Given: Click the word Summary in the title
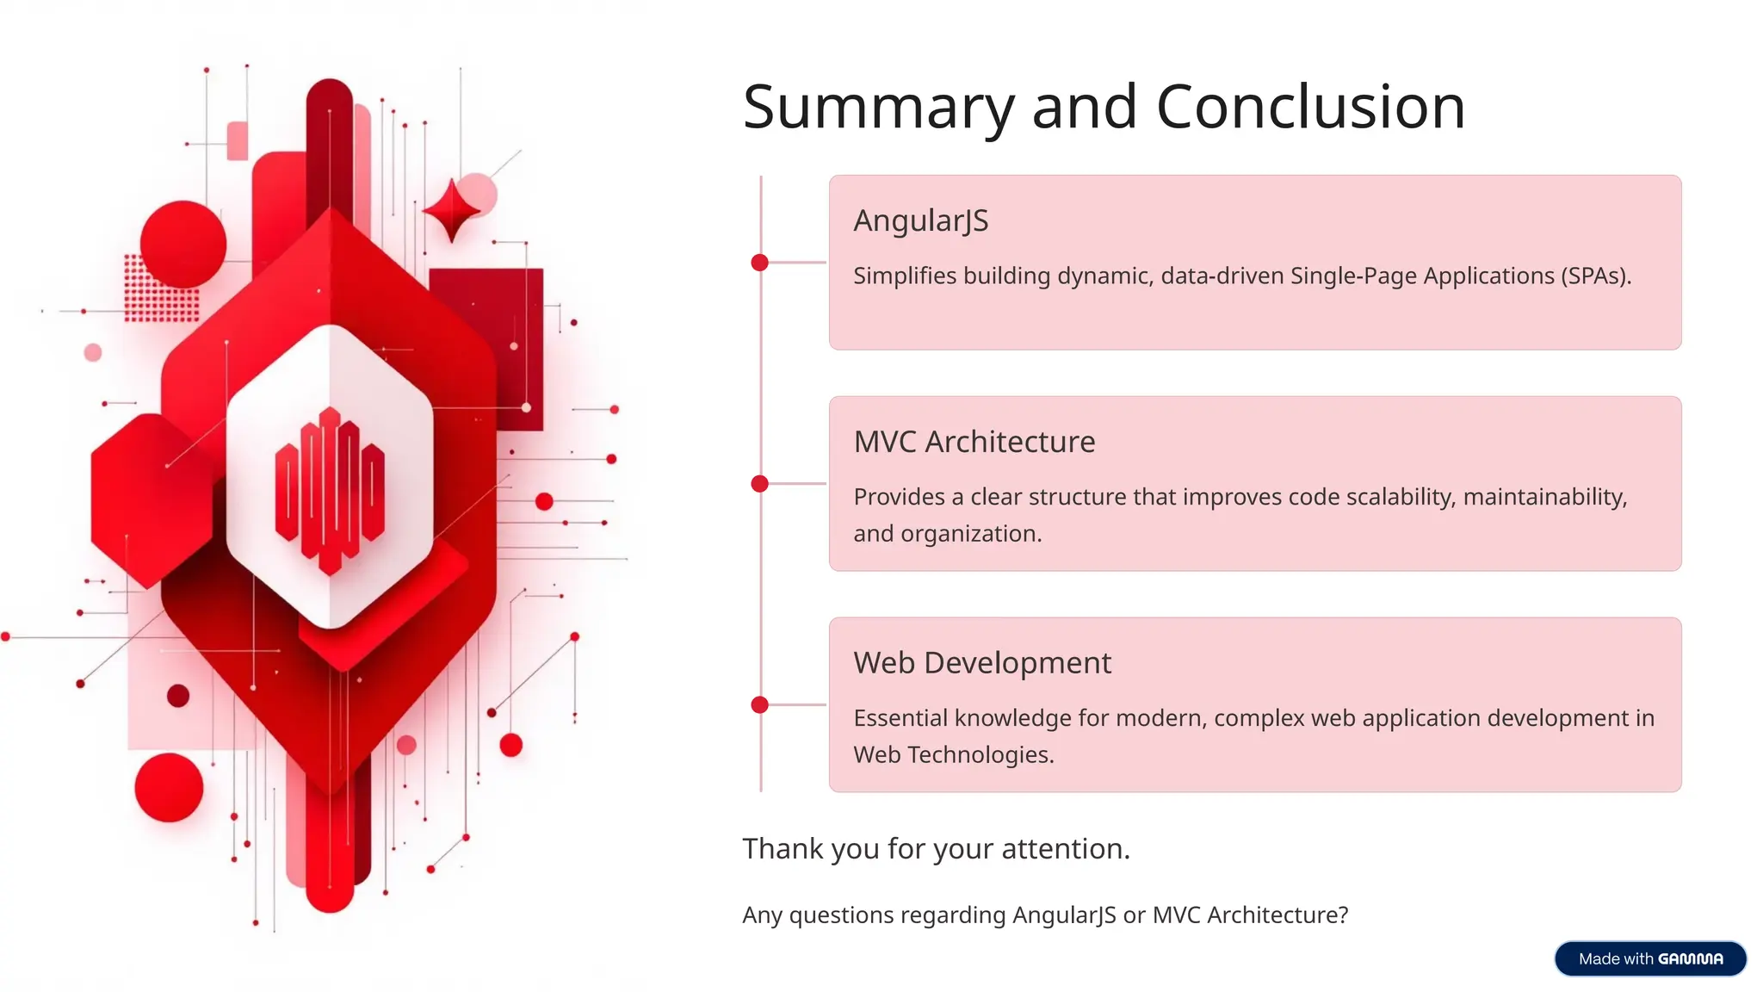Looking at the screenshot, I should (878, 108).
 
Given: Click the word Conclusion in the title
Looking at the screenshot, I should (1309, 108).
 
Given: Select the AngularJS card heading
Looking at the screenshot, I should (920, 220).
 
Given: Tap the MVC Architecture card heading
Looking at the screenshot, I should (974, 442).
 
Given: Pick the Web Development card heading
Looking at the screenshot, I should (981, 663).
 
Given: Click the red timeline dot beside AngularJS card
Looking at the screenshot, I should (759, 263).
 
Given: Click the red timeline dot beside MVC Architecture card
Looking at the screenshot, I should (759, 484).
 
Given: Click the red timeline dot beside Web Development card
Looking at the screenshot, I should (759, 705).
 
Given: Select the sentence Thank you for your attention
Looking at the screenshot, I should (936, 849).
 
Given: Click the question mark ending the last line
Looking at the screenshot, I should (1343, 914).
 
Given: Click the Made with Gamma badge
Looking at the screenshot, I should (1649, 958).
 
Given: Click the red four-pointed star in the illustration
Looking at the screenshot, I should (451, 210).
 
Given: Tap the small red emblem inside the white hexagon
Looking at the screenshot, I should (330, 491).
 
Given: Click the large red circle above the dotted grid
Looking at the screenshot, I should (182, 244).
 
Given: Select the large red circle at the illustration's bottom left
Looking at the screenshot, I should (169, 787).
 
